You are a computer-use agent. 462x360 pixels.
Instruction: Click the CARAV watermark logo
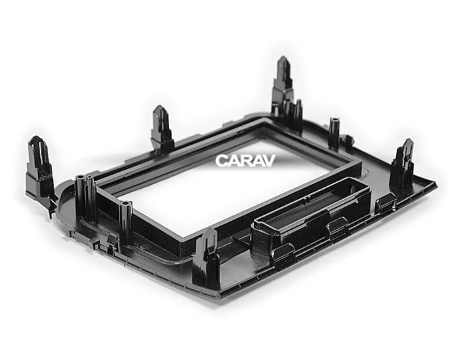(x=245, y=161)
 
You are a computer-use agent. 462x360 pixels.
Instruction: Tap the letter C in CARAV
(x=221, y=161)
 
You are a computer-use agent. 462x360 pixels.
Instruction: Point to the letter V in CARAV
(x=269, y=161)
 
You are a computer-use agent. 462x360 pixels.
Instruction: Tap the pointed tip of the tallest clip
(x=283, y=57)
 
